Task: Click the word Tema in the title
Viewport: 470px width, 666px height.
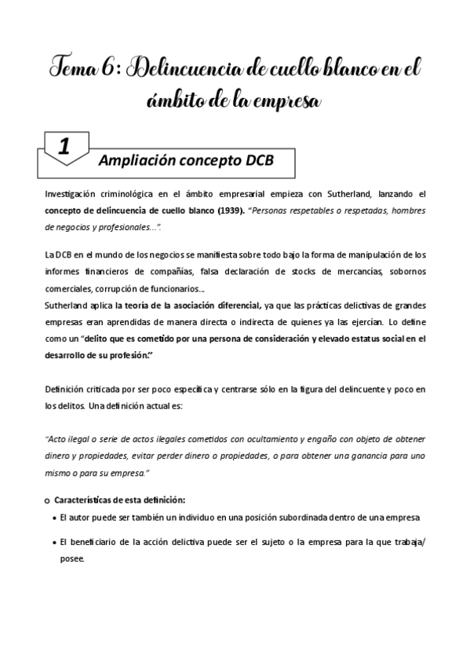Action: coord(75,70)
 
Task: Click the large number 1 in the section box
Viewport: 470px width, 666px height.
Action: coord(64,146)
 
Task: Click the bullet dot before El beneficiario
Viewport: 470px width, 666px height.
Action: coord(52,542)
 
